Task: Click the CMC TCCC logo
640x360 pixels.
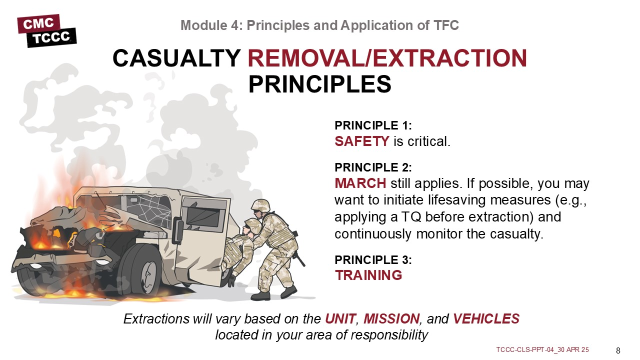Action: coord(47,30)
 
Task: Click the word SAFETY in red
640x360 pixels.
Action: coord(362,141)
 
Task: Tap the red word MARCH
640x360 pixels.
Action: coord(360,183)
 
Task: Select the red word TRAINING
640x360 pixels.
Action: coord(368,275)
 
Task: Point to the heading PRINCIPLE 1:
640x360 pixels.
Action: coord(373,125)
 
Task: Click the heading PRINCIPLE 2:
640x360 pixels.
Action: coord(373,167)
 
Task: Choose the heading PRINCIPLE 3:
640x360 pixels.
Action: coord(373,260)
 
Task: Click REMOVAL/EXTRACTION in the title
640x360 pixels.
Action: coord(387,58)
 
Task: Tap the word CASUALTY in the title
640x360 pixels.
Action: coord(176,58)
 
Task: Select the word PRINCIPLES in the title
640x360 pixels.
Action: coord(319,84)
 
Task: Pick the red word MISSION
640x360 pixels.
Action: coord(391,319)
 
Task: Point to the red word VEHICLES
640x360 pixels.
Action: coord(486,319)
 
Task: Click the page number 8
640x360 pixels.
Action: coord(618,350)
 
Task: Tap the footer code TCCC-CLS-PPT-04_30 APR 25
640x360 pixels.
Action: coord(542,349)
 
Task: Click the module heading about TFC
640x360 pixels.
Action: coord(319,25)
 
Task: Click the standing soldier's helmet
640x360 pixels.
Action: coord(260,205)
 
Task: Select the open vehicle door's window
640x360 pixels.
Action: coord(202,215)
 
